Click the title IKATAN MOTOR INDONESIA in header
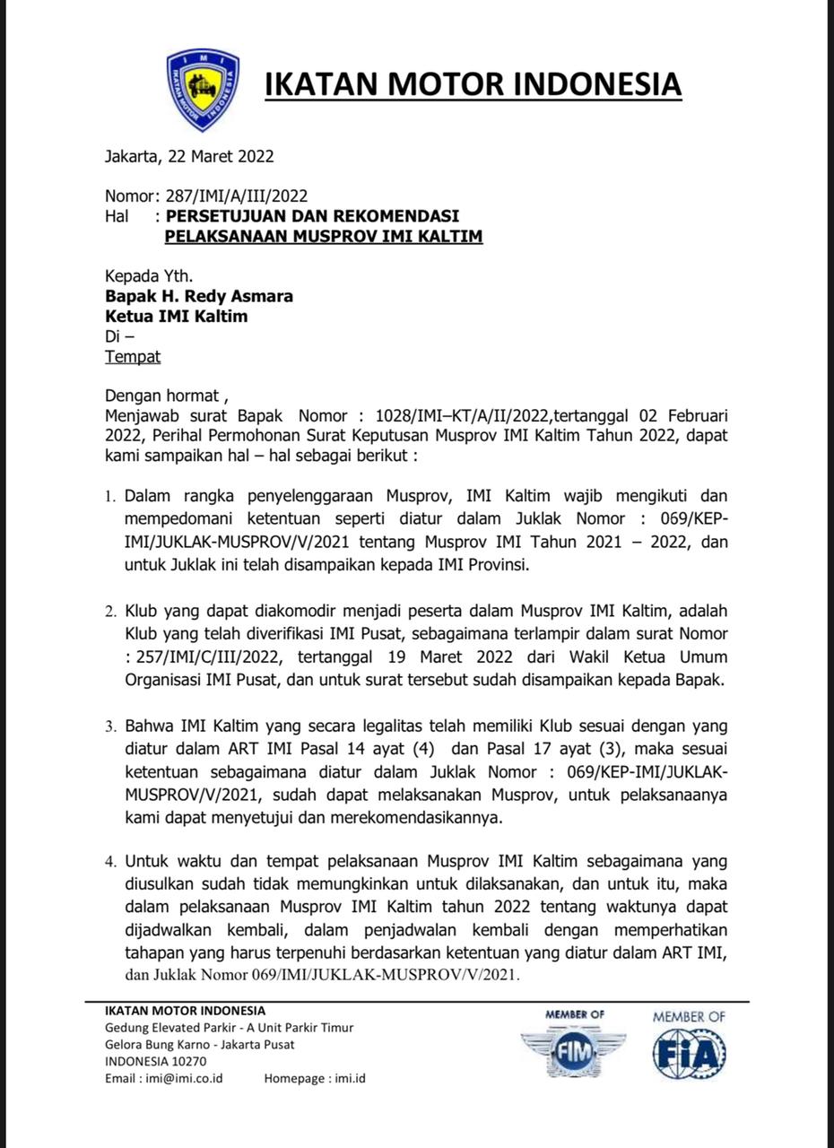click(x=473, y=84)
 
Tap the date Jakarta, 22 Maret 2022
click(x=189, y=156)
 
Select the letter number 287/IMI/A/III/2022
click(x=238, y=196)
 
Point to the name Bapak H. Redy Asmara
click(x=199, y=296)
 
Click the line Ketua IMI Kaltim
click(x=177, y=317)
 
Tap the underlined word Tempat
click(x=133, y=357)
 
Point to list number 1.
click(x=110, y=497)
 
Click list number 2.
click(x=110, y=613)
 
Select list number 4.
click(x=110, y=862)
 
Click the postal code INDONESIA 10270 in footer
click(x=156, y=1061)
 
